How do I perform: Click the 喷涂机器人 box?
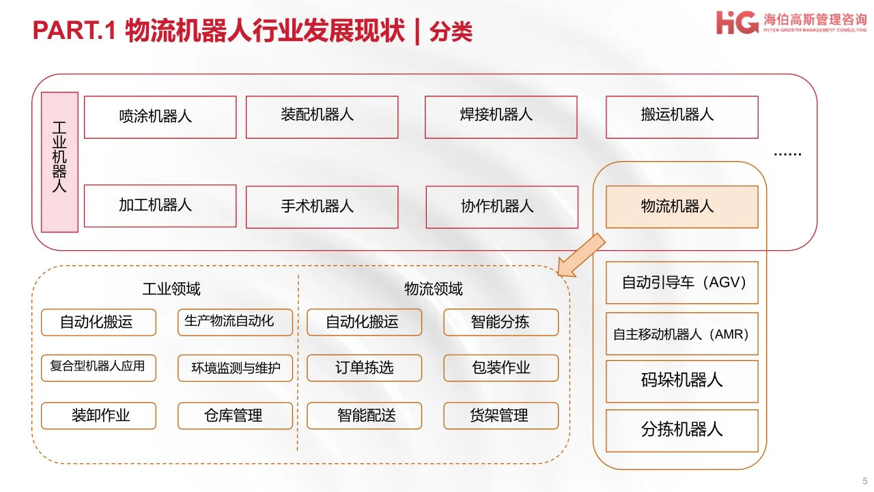(160, 117)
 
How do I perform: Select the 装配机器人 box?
(322, 117)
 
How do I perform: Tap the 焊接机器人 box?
(501, 117)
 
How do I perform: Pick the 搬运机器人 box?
(681, 117)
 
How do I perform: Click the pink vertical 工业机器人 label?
(59, 162)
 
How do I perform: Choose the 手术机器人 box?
(322, 206)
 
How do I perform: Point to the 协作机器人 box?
(501, 206)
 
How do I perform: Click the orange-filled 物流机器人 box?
(681, 206)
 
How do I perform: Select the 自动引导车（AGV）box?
(681, 282)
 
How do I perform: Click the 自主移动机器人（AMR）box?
(681, 334)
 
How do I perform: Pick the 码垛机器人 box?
(681, 381)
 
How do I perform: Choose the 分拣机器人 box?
(681, 430)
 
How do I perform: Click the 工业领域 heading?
(171, 289)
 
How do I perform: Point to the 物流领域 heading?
(434, 289)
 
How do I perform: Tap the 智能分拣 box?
(501, 323)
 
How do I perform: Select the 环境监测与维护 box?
(235, 368)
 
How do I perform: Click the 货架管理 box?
(501, 415)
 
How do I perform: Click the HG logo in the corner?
(737, 22)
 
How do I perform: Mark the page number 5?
(865, 480)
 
